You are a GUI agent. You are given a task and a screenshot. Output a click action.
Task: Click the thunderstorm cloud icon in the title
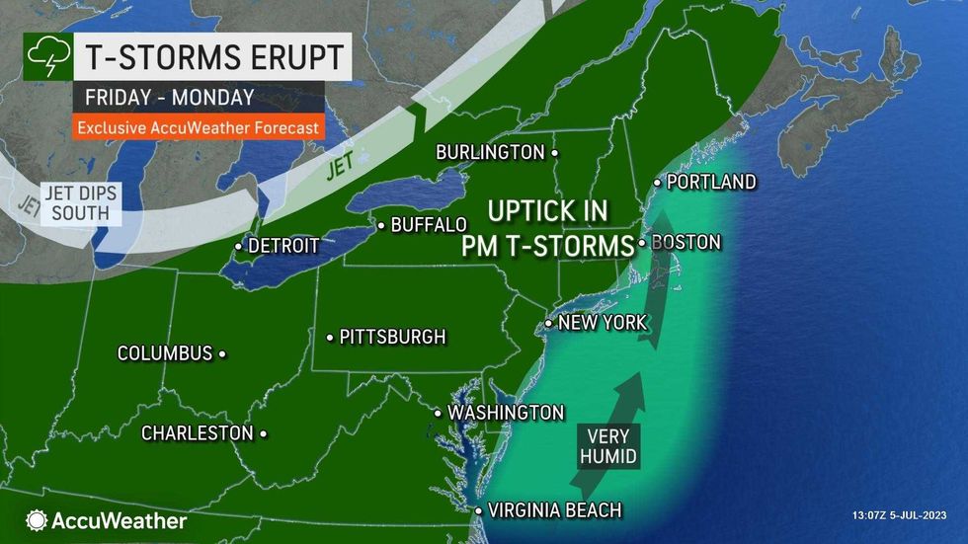[x=45, y=57]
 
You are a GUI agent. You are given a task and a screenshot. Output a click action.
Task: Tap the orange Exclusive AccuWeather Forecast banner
[x=198, y=127]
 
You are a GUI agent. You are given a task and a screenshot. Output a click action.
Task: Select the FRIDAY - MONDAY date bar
[x=170, y=97]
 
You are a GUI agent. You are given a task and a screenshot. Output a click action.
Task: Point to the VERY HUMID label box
[x=606, y=445]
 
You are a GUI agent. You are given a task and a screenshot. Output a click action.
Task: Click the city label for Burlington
[x=492, y=152]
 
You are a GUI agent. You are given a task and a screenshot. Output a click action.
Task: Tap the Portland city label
[x=711, y=183]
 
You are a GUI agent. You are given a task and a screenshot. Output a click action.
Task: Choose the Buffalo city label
[x=429, y=225]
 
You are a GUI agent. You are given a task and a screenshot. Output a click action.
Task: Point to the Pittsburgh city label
[x=392, y=337]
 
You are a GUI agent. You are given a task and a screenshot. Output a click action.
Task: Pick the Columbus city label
[x=165, y=352]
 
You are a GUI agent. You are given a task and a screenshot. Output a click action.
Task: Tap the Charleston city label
[x=198, y=432]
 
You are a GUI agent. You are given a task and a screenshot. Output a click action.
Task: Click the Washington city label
[x=506, y=412]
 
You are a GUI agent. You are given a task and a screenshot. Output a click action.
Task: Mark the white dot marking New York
[x=549, y=324]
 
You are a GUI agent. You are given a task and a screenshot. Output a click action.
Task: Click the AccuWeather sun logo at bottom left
[x=37, y=520]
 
